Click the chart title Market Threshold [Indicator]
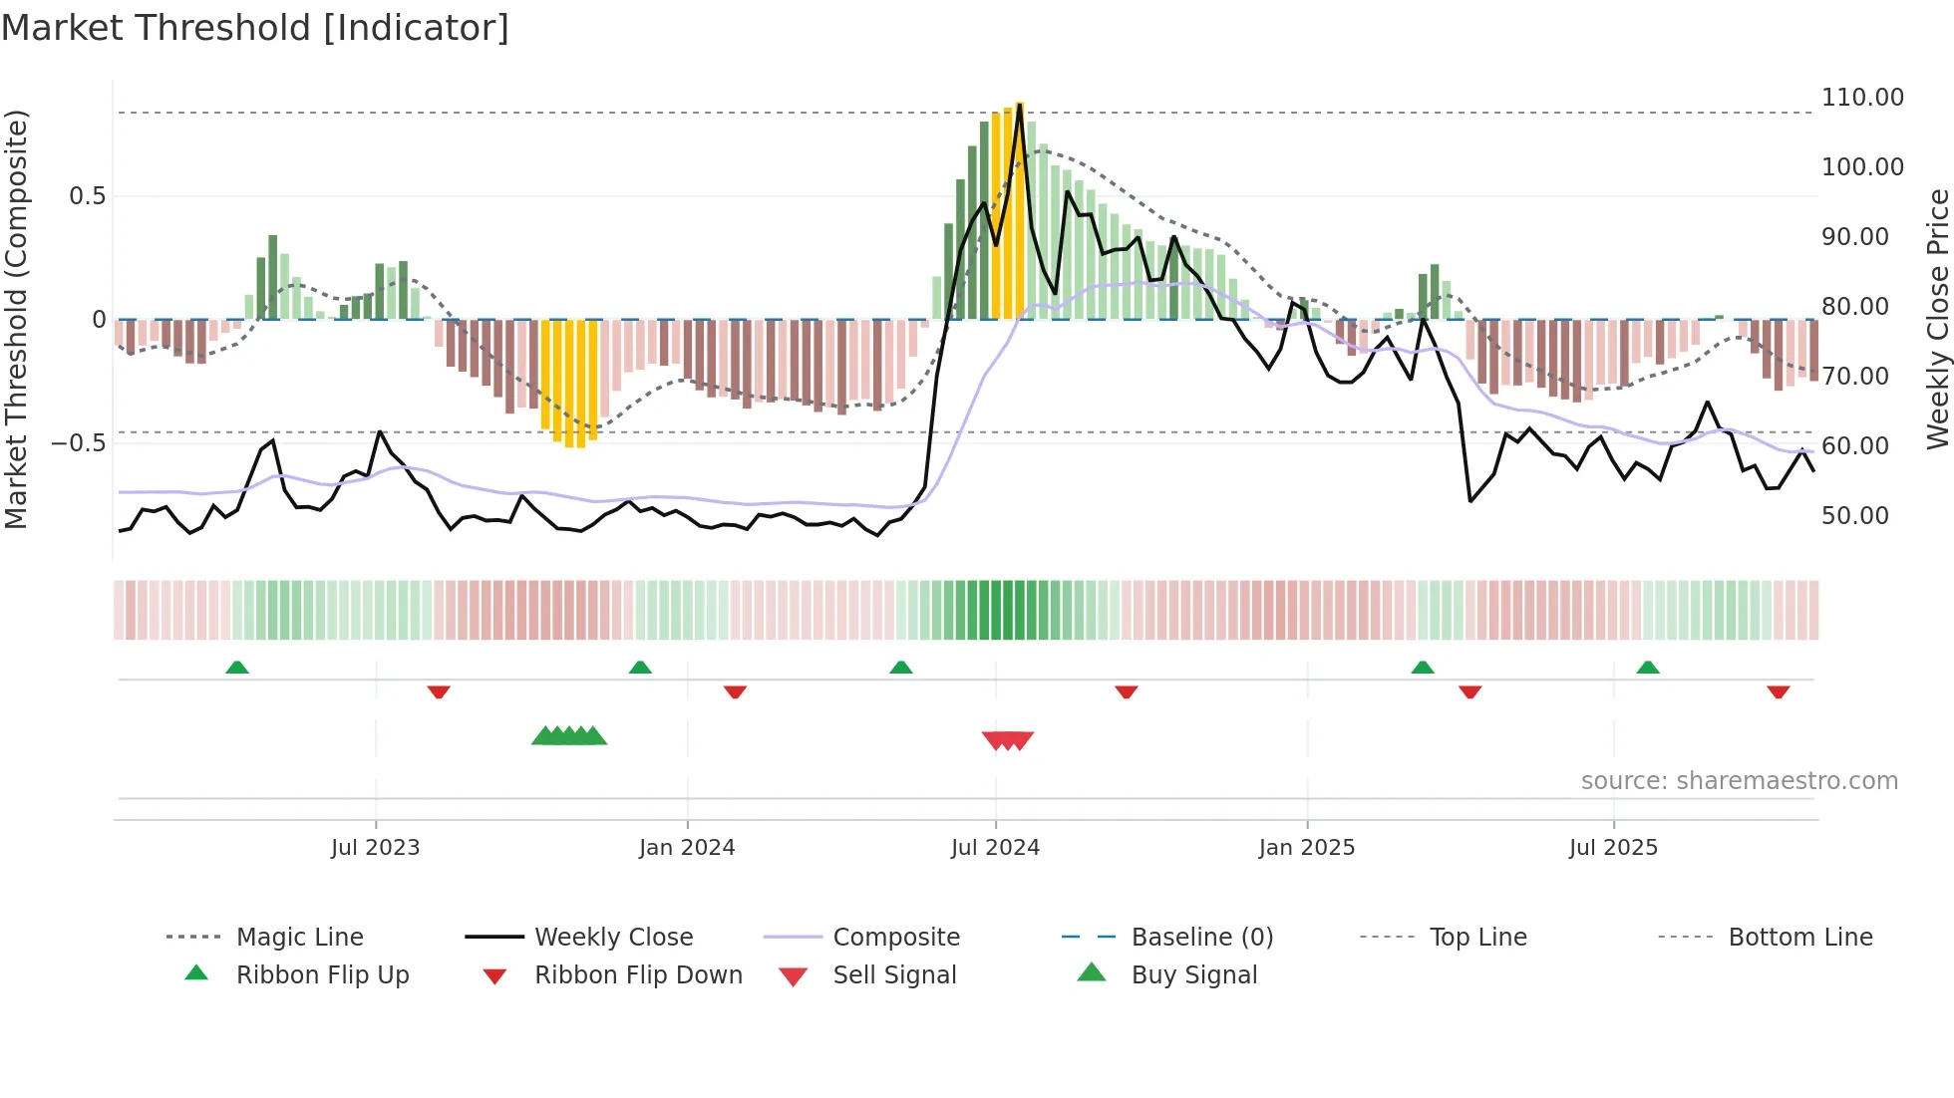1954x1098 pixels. tap(255, 28)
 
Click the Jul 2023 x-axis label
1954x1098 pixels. tap(375, 848)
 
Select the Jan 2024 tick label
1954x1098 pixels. tap(687, 848)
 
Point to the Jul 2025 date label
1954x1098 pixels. tap(1613, 848)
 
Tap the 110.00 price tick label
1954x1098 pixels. tap(1862, 98)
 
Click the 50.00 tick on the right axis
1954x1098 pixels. tap(1854, 516)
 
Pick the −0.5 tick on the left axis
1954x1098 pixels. tap(78, 442)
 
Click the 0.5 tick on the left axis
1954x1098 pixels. tap(87, 196)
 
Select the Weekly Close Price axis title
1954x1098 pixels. tap(1937, 319)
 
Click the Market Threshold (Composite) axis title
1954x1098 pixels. tap(16, 319)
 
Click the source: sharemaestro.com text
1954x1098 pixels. tap(1739, 781)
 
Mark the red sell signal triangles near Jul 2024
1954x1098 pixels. tap(1008, 740)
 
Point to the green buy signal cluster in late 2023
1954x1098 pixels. tap(569, 736)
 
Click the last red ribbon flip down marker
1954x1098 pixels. tap(1779, 691)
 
